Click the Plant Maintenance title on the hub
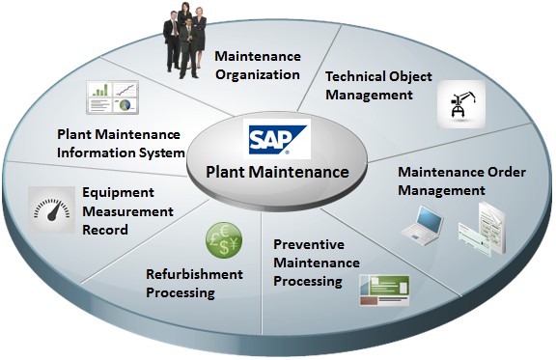(277, 173)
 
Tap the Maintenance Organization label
(258, 66)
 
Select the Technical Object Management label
(378, 85)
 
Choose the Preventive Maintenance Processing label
(317, 263)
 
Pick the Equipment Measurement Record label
(127, 211)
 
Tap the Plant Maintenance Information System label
(121, 144)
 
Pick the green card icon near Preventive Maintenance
(384, 291)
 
